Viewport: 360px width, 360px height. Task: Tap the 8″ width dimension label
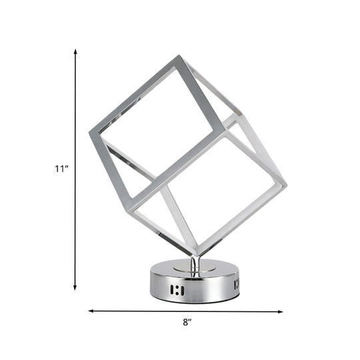[189, 323]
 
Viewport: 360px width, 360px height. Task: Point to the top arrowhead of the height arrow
[75, 51]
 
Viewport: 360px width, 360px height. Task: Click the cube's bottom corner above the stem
[198, 256]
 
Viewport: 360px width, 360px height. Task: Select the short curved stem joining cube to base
[195, 264]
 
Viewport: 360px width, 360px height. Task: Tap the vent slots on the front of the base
[177, 290]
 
